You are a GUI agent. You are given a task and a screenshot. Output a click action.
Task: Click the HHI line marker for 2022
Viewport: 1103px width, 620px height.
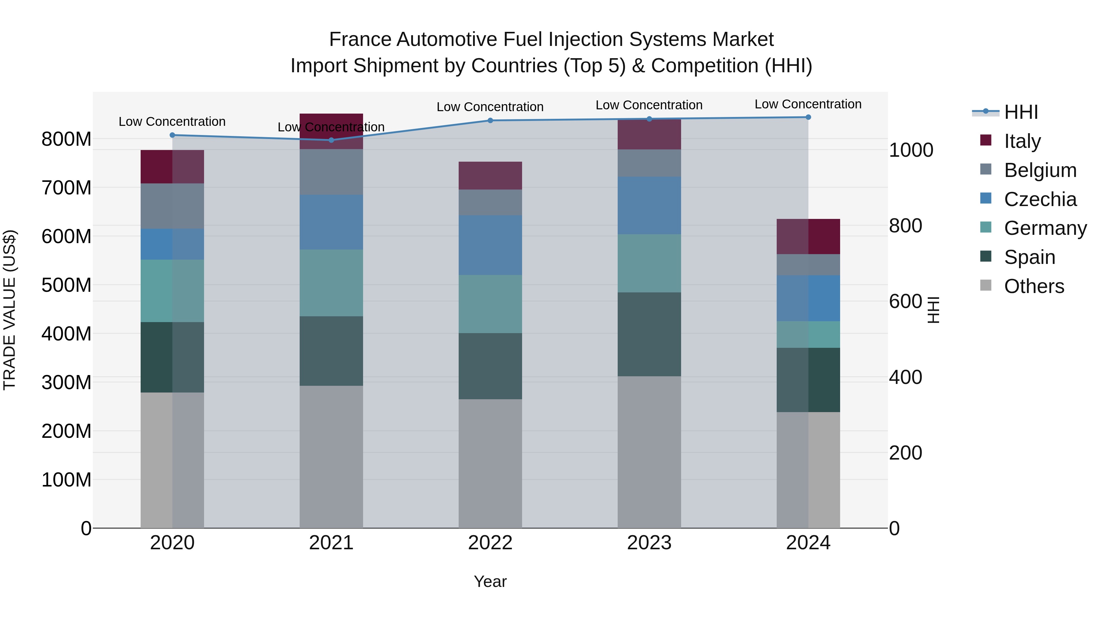490,121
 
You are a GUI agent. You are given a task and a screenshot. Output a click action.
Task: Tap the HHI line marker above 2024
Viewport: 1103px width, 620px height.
808,117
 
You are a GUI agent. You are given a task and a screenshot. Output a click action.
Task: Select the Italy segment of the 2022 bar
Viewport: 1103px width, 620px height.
490,175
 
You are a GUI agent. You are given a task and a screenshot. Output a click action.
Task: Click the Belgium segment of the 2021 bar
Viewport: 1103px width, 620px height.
331,172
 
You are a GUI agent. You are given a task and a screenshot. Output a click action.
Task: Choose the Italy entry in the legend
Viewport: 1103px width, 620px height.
1022,141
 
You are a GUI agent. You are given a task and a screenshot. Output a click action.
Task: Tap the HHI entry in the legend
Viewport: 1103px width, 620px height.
1021,112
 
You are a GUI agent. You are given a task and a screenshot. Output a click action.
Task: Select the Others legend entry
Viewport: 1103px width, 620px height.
1034,286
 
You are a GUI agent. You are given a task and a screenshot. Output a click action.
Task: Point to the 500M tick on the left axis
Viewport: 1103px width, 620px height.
66,285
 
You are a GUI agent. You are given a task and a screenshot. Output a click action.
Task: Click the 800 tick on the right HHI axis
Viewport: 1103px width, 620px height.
905,226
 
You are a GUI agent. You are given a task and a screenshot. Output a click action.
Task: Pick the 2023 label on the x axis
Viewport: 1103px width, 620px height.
649,543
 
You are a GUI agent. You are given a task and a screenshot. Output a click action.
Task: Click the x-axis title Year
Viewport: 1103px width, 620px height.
490,581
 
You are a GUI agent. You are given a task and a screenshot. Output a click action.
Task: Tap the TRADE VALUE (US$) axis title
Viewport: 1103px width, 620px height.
9,310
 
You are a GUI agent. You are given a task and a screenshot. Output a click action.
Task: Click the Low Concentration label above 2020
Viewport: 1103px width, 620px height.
172,122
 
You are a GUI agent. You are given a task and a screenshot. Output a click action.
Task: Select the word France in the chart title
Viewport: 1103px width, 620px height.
360,39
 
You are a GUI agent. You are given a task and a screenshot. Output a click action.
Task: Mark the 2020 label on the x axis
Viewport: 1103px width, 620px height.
172,543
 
